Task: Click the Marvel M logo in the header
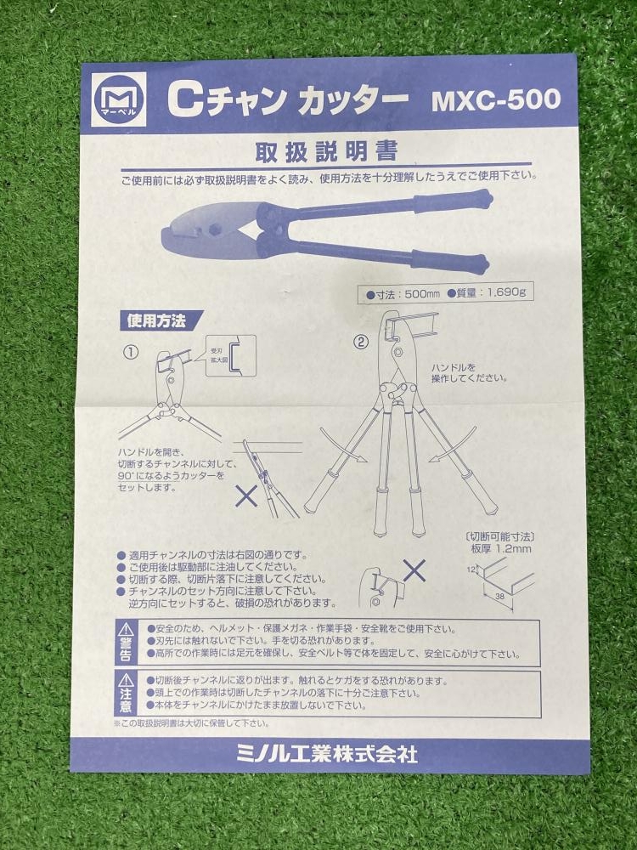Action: [x=119, y=99]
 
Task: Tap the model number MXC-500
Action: [x=496, y=99]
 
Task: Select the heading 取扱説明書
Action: [x=327, y=150]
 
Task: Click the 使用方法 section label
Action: [x=156, y=321]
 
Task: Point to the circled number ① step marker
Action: [x=132, y=353]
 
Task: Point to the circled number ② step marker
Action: [x=361, y=342]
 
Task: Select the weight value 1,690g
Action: [x=506, y=293]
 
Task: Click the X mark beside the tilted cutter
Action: [x=246, y=496]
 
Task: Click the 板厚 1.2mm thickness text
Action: [x=501, y=548]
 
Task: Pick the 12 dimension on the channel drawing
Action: [x=471, y=569]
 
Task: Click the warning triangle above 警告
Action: [x=125, y=629]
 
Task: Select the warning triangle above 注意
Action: [x=125, y=680]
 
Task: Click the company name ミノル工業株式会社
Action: [x=327, y=754]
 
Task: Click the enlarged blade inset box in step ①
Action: [x=231, y=355]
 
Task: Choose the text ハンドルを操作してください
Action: [x=469, y=373]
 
